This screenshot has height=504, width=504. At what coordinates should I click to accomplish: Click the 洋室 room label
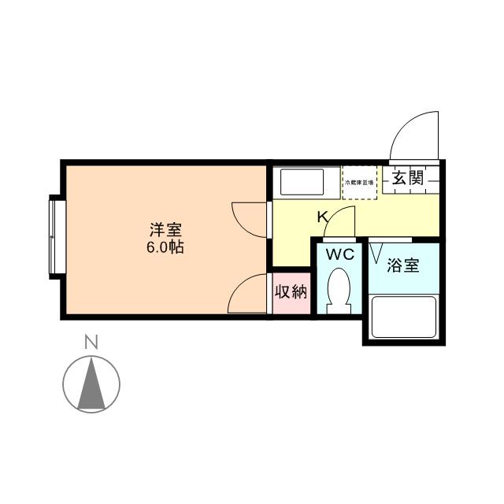pos(166,231)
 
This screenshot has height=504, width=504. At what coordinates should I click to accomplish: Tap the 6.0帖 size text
pos(166,246)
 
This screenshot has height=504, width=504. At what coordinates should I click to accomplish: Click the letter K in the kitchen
pos(322,216)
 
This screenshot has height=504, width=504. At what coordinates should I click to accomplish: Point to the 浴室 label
pos(402,265)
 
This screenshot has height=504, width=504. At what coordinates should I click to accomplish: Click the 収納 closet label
pos(290,292)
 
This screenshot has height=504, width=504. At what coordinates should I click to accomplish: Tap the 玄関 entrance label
pos(408,177)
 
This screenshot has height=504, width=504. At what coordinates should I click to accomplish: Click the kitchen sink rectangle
pos(303,182)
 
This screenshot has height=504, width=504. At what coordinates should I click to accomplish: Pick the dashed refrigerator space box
pos(360,183)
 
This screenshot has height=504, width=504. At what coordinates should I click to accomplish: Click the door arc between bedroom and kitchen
pos(249,215)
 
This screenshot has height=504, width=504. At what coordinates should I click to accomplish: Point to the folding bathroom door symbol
pos(376,251)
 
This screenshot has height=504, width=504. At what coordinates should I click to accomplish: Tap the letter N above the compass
pos(91,343)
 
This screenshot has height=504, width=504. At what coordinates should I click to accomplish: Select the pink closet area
pos(290,294)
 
